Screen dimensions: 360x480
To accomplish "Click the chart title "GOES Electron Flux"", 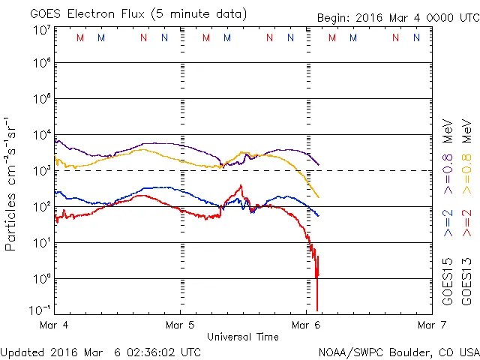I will pos(83,13).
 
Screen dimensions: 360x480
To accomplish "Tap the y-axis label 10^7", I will pos(40,30).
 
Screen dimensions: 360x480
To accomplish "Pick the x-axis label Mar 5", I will pos(181,325).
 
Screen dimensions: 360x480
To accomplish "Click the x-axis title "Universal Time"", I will pos(242,337).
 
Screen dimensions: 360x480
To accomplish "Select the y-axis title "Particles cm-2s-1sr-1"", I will pos(13,183).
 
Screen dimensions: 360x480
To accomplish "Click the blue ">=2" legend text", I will pos(448,223).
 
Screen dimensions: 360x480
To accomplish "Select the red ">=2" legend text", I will pos(466,223).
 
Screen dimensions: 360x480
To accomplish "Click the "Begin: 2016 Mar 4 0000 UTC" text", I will pos(387,16).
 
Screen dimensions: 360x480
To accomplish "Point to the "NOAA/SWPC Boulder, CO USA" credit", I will pos(398,352).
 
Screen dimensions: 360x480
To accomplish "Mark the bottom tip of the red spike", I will pos(317,310).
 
